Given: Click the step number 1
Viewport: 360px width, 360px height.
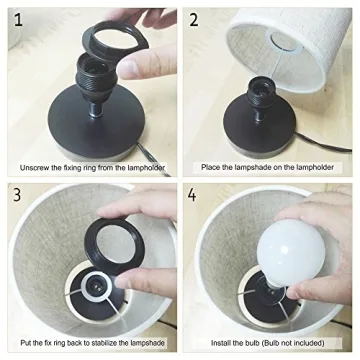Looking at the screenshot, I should (x=18, y=19).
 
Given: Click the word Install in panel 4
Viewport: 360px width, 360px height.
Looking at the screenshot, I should (x=220, y=343).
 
